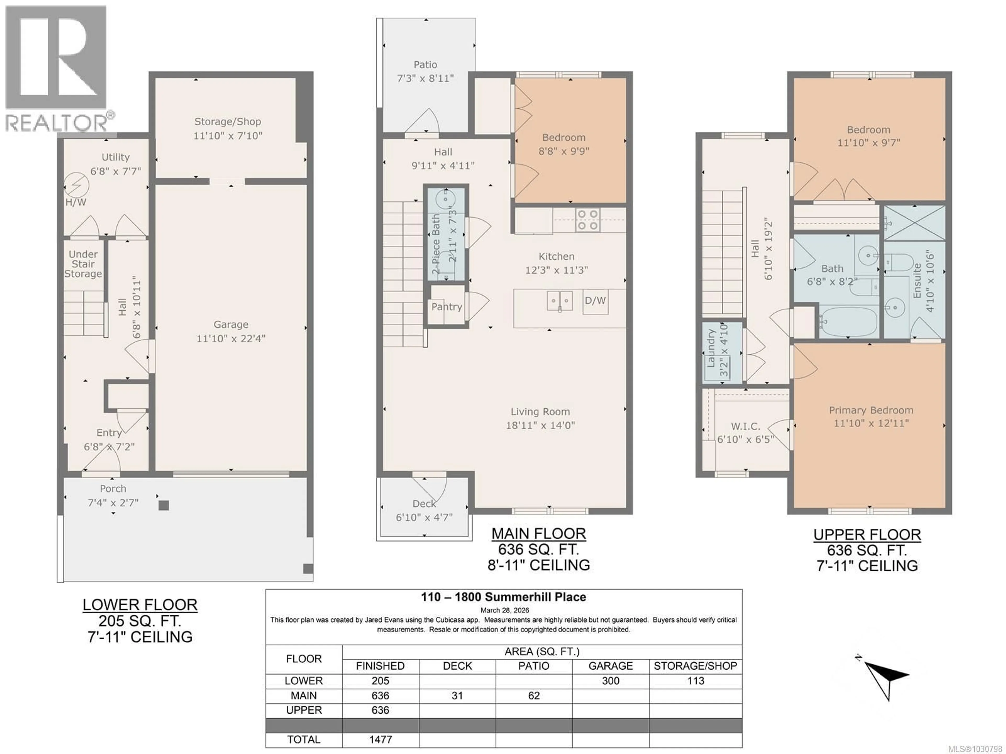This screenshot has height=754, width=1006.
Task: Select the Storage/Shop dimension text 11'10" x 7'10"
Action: (x=228, y=135)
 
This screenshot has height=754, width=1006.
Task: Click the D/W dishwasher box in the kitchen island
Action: (x=595, y=300)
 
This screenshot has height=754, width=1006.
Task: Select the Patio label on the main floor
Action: (x=425, y=64)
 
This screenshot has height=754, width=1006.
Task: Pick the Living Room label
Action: (x=540, y=412)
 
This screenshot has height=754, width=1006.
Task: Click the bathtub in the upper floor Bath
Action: (x=849, y=322)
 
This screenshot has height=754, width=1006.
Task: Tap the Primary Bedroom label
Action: (x=871, y=410)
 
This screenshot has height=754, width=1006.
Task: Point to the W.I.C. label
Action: (x=745, y=426)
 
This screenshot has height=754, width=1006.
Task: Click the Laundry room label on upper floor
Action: (x=711, y=348)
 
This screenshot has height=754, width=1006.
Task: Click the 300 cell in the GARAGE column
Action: (x=610, y=681)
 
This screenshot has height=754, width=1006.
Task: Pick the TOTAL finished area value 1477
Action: (x=380, y=739)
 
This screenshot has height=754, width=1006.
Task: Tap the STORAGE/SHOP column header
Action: (x=695, y=666)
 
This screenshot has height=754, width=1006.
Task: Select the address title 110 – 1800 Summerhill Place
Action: (x=504, y=597)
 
